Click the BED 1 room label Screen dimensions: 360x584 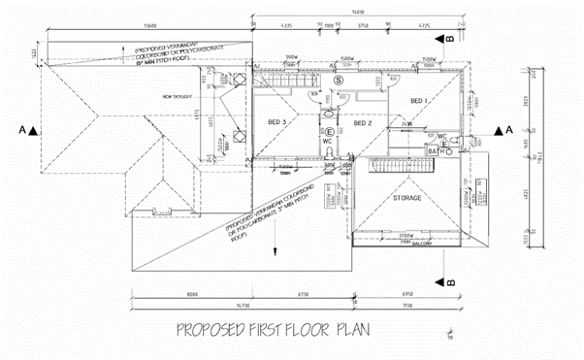418,101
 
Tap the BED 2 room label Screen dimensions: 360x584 363,123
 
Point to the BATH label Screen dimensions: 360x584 436,151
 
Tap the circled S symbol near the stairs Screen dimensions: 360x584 338,79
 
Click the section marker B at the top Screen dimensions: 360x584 450,38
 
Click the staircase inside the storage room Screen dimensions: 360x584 366,176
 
